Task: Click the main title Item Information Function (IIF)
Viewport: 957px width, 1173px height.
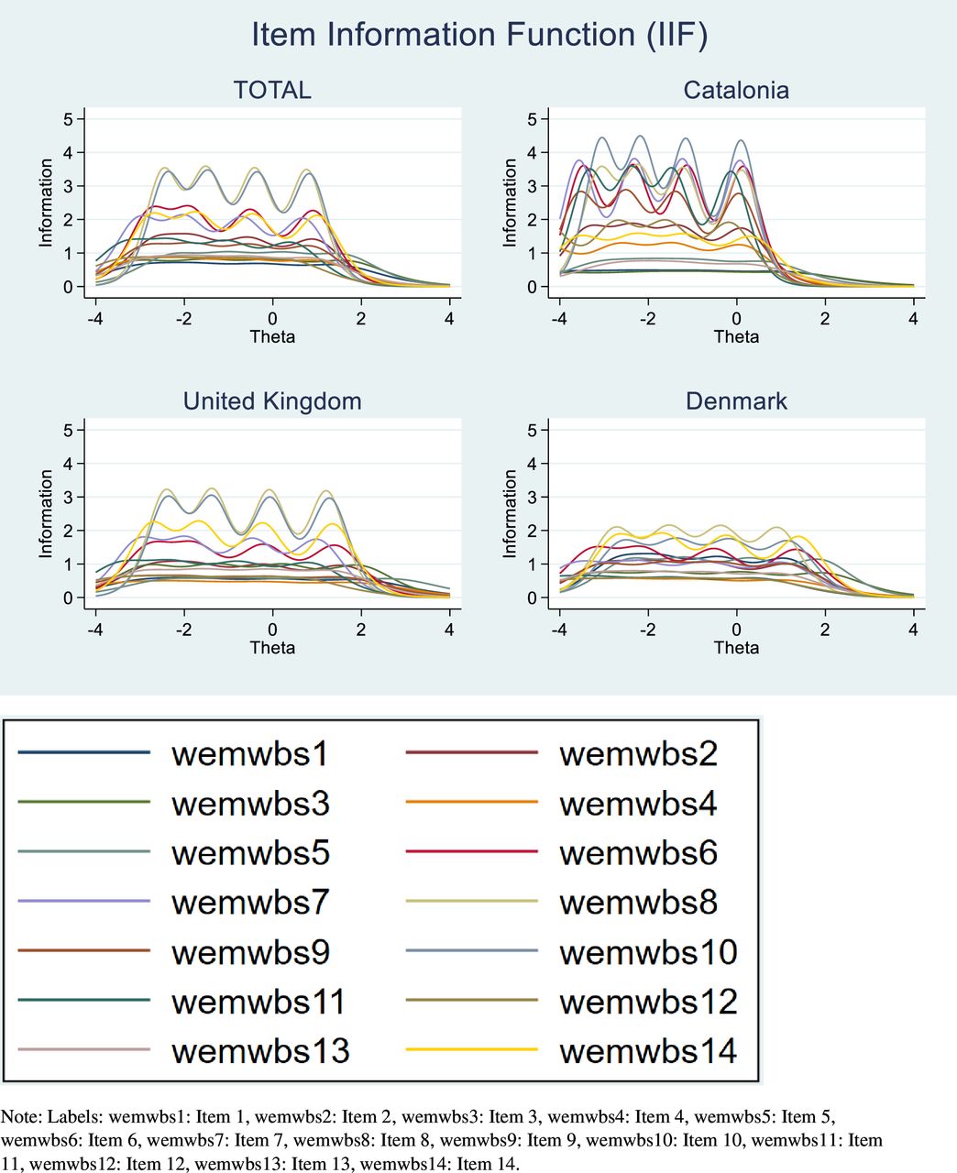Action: coord(478,35)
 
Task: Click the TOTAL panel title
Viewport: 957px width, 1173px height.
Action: coord(272,90)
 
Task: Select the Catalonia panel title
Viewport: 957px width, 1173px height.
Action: coord(736,90)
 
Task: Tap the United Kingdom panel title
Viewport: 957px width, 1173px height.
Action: coord(272,401)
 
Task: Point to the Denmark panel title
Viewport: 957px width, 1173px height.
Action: coord(736,401)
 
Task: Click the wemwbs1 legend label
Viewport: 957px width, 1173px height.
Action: coord(249,754)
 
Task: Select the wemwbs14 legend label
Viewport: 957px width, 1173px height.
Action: coord(648,1051)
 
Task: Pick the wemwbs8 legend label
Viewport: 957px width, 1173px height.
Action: coord(638,903)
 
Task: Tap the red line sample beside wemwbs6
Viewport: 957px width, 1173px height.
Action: coord(471,852)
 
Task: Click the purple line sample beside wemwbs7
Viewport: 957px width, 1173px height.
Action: coord(83,902)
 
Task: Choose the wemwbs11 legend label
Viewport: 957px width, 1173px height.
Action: coord(258,1002)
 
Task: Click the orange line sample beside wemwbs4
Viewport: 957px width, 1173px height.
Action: coord(471,803)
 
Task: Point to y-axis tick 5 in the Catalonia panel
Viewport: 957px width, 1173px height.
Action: coord(532,119)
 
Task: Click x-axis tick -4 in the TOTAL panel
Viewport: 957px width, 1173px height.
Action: coord(94,319)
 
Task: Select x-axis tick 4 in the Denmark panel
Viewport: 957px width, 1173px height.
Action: coord(913,630)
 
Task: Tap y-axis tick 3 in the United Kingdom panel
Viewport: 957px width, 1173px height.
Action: coord(68,498)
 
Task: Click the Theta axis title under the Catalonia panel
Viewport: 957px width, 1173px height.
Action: coord(736,336)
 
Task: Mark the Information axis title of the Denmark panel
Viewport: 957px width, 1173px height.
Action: coord(510,513)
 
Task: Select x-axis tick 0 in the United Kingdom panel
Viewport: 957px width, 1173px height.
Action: coord(272,630)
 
